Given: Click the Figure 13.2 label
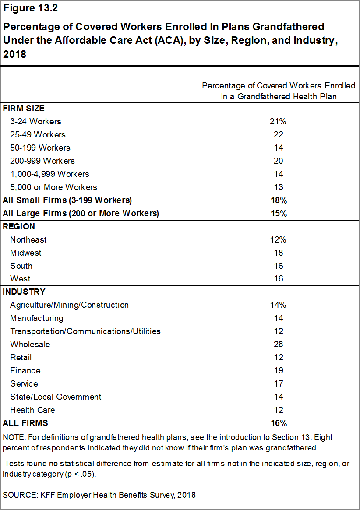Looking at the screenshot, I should (x=30, y=8).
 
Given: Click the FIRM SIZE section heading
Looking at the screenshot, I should (x=24, y=108).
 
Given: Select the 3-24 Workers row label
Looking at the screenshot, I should (x=35, y=121).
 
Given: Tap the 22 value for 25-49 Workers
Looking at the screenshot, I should (x=278, y=134).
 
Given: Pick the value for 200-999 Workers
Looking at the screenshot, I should (x=278, y=161).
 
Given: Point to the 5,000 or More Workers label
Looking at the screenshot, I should (x=53, y=187).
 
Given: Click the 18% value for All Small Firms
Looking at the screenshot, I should (x=278, y=200).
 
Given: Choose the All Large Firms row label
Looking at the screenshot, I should (x=81, y=214).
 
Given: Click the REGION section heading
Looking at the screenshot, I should (x=19, y=227).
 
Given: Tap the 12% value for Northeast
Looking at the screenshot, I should (x=278, y=239).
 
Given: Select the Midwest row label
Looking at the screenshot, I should (x=26, y=253).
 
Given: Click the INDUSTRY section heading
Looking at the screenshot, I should (x=24, y=292).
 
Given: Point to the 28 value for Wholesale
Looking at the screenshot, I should (x=278, y=344).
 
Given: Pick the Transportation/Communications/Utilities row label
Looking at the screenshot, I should (x=85, y=331).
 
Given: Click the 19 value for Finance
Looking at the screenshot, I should (x=278, y=370).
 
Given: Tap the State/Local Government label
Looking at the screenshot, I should (x=56, y=397).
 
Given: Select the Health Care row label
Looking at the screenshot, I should (x=32, y=410).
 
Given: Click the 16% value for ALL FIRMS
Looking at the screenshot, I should (x=278, y=423).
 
